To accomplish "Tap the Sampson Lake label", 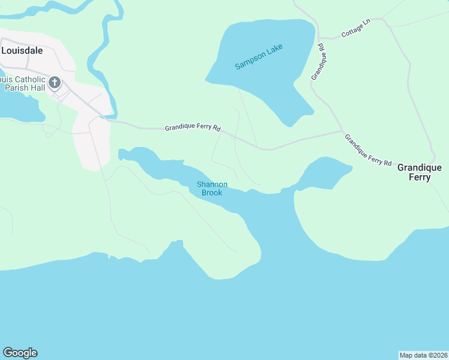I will pyautogui.click(x=259, y=56).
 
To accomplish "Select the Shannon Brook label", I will pyautogui.click(x=212, y=188).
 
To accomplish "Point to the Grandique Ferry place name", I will pyautogui.click(x=419, y=172).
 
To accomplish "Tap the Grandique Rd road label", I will pyautogui.click(x=318, y=62).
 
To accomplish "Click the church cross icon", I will pyautogui.click(x=55, y=82).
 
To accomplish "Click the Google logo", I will pyautogui.click(x=20, y=353).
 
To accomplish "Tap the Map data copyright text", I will pyautogui.click(x=423, y=355).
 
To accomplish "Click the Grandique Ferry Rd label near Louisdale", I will pyautogui.click(x=193, y=128).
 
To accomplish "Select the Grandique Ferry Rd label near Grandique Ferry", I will pyautogui.click(x=368, y=151).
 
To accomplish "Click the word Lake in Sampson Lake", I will pyautogui.click(x=274, y=50).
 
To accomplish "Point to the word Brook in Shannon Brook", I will pyautogui.click(x=212, y=193).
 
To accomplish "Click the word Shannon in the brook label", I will pyautogui.click(x=212, y=184).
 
